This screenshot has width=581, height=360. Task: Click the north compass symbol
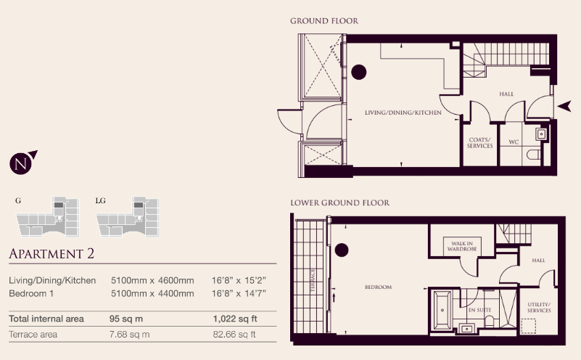(22, 163)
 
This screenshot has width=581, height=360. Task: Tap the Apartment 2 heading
(51, 253)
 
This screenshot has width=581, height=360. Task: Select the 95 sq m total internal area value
(126, 319)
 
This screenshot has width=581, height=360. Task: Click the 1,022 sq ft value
(235, 319)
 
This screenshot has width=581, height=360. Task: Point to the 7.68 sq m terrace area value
(129, 335)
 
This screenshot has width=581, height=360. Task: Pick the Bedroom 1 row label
(31, 294)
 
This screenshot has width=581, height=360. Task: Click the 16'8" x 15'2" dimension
(239, 280)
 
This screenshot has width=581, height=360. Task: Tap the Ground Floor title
(324, 21)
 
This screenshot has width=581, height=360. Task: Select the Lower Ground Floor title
(339, 202)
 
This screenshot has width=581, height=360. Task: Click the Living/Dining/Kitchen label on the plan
(403, 112)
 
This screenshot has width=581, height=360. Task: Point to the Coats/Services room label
(480, 143)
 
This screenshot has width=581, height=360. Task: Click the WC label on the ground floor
(514, 142)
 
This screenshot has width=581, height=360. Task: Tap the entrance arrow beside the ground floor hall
(564, 107)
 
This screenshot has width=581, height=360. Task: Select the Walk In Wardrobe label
(462, 246)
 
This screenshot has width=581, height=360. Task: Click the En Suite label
(480, 310)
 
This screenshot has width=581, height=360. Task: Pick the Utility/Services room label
(539, 307)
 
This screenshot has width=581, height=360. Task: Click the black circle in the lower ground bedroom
(342, 250)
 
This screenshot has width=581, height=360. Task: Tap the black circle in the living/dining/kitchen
(358, 72)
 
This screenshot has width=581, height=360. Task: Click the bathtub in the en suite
(442, 311)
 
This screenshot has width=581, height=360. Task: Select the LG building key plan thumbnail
(128, 217)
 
